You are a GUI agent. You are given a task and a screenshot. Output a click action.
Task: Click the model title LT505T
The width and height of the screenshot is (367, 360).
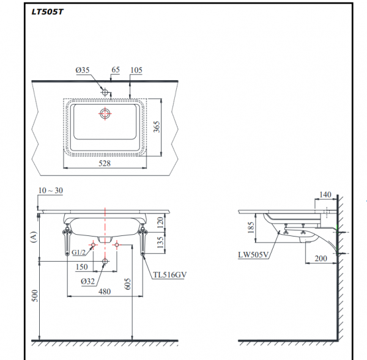(x=46, y=10)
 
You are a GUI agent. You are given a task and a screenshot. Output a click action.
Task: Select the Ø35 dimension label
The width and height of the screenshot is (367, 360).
(x=83, y=71)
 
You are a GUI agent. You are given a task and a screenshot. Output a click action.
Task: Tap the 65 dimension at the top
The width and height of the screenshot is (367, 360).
(x=114, y=71)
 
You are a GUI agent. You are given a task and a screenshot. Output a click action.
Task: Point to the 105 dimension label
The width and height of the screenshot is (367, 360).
(x=136, y=71)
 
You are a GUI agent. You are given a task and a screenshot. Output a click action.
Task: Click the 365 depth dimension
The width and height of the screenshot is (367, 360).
(x=157, y=127)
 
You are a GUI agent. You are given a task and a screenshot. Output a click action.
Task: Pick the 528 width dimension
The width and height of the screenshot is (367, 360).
(x=105, y=164)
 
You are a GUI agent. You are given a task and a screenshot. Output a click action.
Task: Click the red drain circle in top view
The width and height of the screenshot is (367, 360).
(x=105, y=114)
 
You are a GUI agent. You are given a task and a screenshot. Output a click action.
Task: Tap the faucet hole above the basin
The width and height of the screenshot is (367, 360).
(x=105, y=92)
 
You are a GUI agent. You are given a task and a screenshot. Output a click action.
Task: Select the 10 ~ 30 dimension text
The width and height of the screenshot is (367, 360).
(x=50, y=191)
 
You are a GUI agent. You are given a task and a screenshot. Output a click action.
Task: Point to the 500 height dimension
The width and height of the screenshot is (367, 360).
(x=35, y=296)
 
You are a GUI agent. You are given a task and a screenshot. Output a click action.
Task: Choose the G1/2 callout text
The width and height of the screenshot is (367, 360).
(x=78, y=252)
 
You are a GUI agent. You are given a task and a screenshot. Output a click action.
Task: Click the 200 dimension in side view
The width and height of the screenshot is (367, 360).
(x=321, y=258)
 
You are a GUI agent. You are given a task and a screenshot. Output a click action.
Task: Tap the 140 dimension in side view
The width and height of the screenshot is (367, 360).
(x=325, y=194)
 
